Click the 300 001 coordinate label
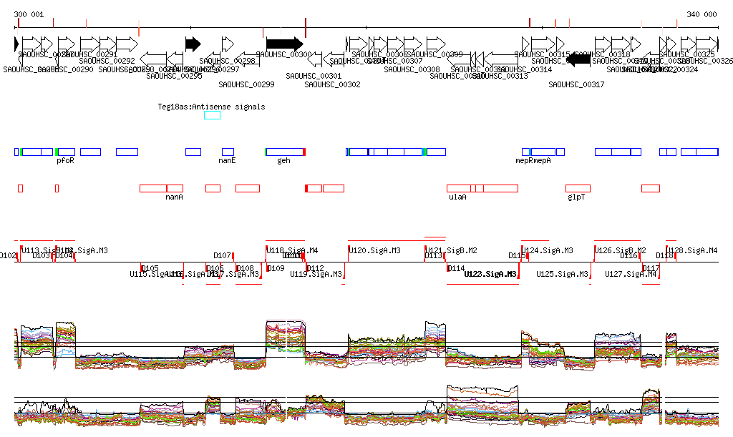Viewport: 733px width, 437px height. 29,14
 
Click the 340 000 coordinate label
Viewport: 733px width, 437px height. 702,14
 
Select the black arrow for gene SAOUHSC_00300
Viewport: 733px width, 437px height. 285,44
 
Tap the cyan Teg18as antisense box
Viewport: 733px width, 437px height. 212,115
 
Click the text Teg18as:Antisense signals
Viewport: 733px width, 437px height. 211,107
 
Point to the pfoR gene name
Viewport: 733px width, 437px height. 65,161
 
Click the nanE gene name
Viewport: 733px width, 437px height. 227,161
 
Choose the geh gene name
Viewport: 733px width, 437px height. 283,161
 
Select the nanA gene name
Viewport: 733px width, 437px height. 174,197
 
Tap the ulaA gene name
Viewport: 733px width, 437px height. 457,197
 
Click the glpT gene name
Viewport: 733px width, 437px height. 576,197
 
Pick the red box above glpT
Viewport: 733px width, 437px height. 578,188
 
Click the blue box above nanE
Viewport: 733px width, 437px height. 228,152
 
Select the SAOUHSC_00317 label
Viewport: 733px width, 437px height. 576,84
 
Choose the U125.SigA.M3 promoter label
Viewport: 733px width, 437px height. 563,274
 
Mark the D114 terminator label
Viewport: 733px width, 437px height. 456,268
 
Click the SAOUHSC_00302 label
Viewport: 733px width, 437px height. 332,84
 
